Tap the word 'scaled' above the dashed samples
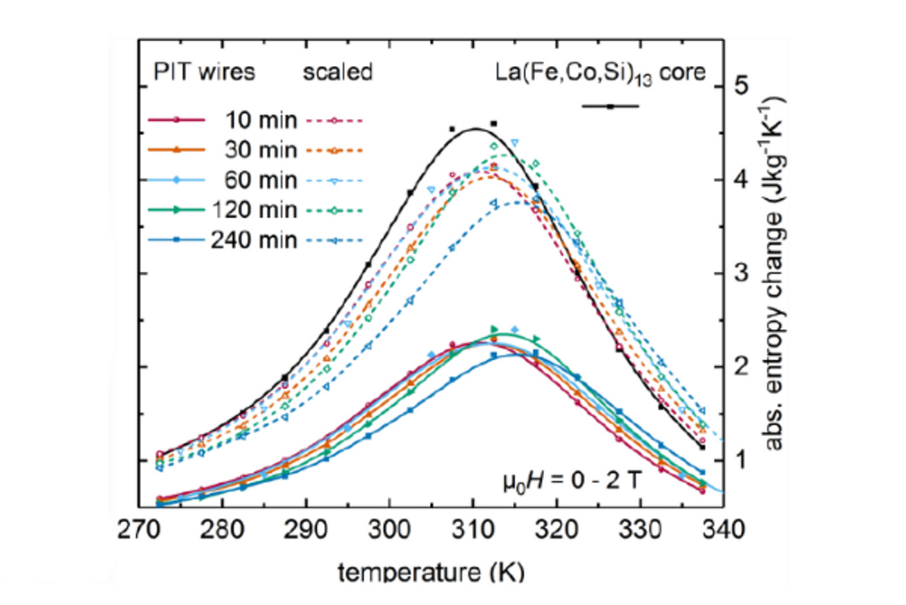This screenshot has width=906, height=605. (338, 72)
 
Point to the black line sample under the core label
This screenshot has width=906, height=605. (609, 106)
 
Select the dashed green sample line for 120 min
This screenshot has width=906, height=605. (335, 210)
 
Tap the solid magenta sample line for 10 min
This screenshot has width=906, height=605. (176, 120)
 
